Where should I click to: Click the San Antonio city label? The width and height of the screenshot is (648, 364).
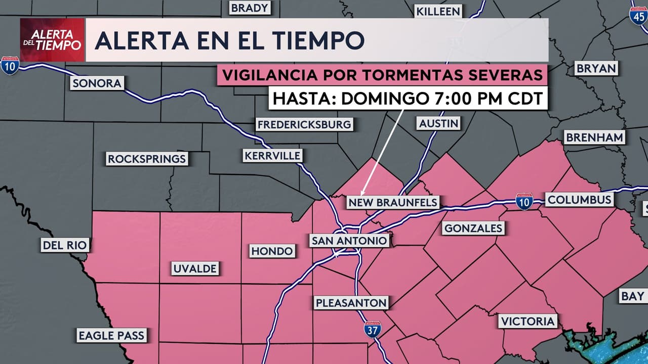pyautogui.click(x=350, y=241)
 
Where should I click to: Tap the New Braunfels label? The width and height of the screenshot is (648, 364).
pyautogui.click(x=393, y=203)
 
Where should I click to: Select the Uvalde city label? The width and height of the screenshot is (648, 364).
pyautogui.click(x=195, y=268)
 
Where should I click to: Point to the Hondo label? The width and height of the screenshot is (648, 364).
pyautogui.click(x=272, y=251)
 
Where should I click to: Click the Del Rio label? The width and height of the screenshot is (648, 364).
pyautogui.click(x=65, y=246)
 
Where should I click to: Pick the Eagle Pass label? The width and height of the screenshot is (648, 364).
pyautogui.click(x=111, y=335)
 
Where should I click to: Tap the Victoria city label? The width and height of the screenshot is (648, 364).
pyautogui.click(x=528, y=321)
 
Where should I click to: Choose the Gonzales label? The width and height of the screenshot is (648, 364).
pyautogui.click(x=473, y=229)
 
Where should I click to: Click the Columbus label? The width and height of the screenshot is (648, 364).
pyautogui.click(x=579, y=199)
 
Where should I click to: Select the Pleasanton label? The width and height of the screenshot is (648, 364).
pyautogui.click(x=351, y=303)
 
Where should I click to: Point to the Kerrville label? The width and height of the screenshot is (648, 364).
pyautogui.click(x=272, y=156)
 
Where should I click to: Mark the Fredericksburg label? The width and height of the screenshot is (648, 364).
pyautogui.click(x=304, y=124)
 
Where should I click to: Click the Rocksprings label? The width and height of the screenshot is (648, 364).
pyautogui.click(x=147, y=159)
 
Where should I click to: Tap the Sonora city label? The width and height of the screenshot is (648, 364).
pyautogui.click(x=97, y=83)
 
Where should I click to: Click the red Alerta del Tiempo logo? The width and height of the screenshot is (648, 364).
pyautogui.click(x=52, y=40)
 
